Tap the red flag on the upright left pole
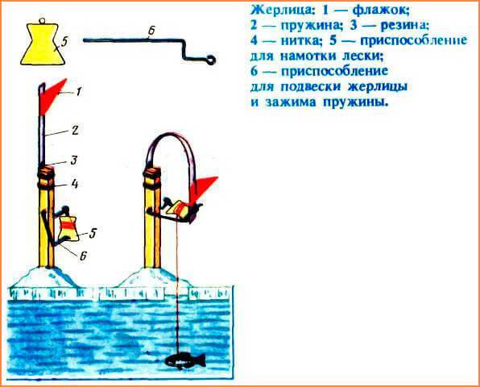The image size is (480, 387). click(x=51, y=96)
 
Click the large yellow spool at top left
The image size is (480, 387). click(x=43, y=44)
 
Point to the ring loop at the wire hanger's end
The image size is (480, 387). click(x=211, y=59)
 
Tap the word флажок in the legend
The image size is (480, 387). click(x=380, y=11)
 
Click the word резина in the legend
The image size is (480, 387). click(x=404, y=26)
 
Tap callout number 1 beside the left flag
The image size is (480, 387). click(x=79, y=91)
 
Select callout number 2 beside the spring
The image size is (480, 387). click(x=75, y=131)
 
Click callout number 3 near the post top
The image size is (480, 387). click(x=74, y=160)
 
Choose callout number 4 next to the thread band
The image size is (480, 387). click(x=74, y=184)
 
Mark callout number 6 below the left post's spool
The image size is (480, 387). click(x=83, y=256)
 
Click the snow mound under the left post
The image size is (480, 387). click(x=46, y=277)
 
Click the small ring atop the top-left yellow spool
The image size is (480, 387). click(x=42, y=21)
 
